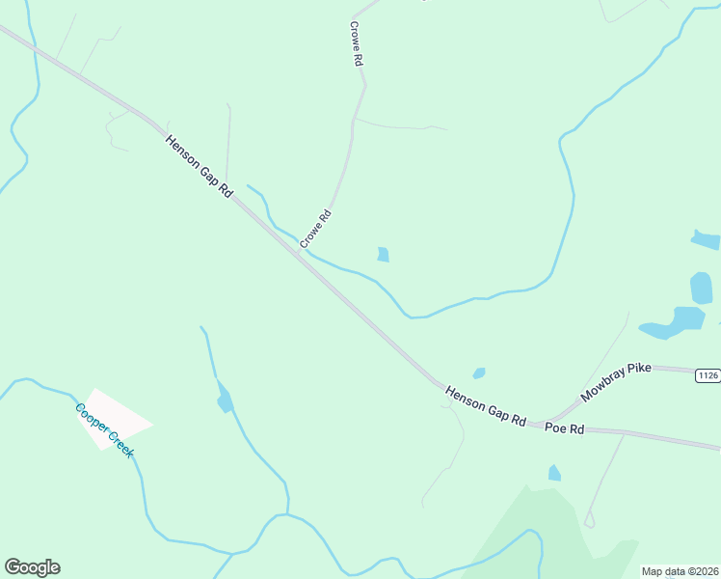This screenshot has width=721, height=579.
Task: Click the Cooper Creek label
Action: pos(103,430)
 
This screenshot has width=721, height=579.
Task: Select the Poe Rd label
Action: pos(565,427)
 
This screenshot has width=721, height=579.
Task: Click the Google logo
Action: pos(32,567)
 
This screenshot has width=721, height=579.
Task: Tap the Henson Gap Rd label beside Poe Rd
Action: pos(485,406)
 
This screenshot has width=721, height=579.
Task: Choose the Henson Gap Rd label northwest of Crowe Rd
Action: pos(200,166)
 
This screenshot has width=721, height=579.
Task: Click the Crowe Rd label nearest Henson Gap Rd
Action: pos(315,229)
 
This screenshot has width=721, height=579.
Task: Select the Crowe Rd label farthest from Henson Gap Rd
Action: pos(356,43)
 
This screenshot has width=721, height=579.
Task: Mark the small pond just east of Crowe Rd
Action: pos(383,255)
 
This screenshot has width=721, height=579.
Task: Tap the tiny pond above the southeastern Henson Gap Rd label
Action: pos(479,373)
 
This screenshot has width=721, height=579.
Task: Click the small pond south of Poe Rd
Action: pos(554,473)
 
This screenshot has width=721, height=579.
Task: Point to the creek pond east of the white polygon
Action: pos(225,398)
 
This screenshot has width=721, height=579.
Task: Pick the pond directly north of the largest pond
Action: pos(701,288)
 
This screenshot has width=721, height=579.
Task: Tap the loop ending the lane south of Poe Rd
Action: pos(589,521)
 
